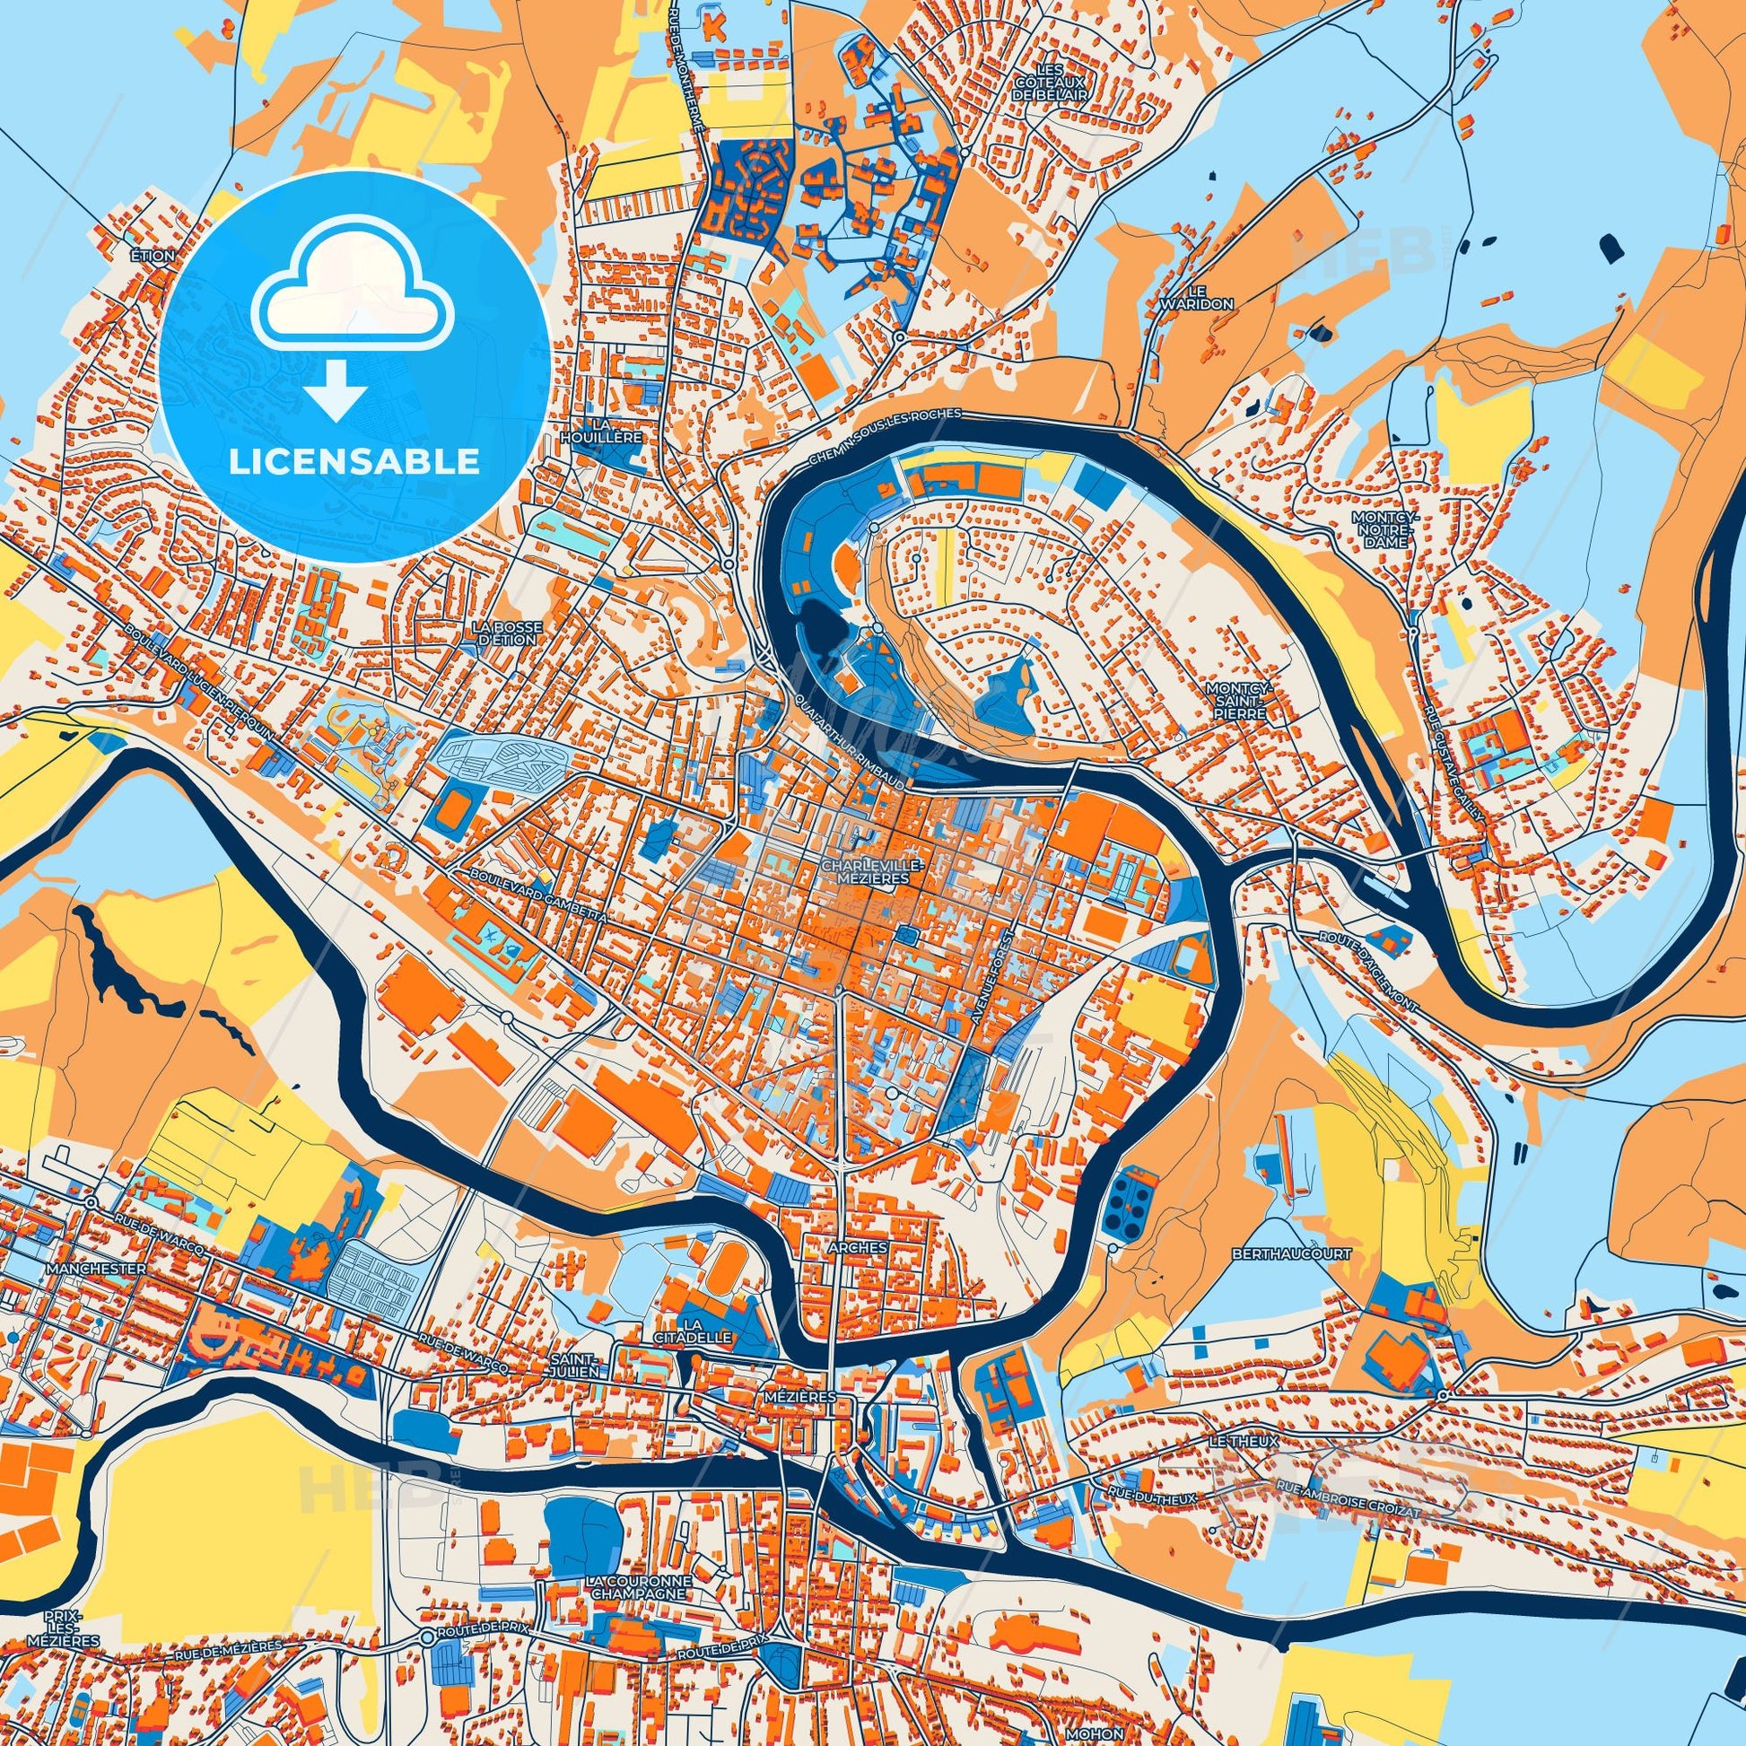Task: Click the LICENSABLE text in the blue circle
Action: pyautogui.click(x=354, y=462)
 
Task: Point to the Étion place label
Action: pyautogui.click(x=151, y=256)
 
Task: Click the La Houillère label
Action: pyautogui.click(x=613, y=430)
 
